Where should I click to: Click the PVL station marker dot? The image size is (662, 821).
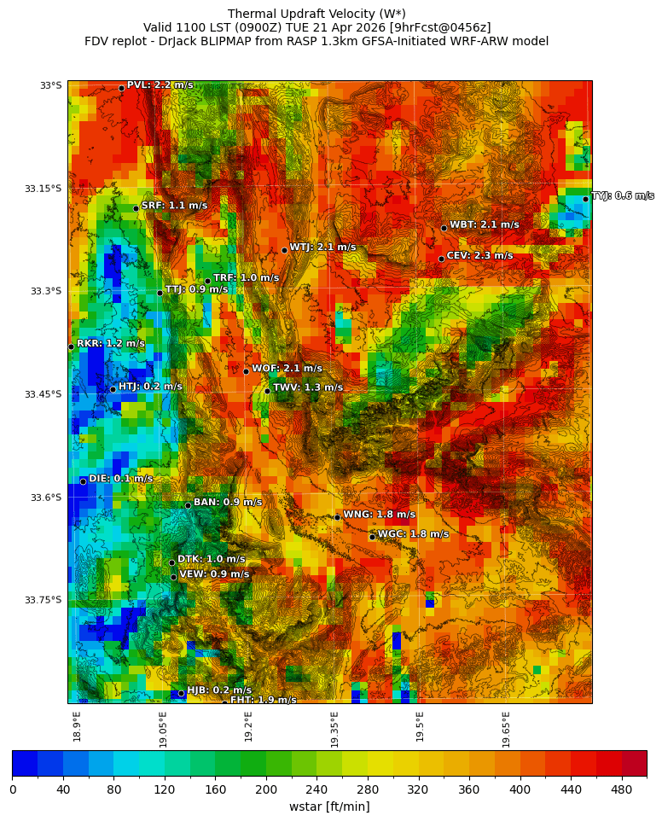121,88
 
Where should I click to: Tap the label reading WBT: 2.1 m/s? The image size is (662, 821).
484,225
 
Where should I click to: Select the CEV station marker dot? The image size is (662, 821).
441,259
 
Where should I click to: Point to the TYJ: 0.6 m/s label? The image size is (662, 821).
623,196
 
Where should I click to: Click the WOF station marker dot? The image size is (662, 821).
246,371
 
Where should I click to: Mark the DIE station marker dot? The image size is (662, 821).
83,481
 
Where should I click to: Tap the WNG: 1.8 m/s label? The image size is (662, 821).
379,515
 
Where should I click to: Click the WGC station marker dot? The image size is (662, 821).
372,537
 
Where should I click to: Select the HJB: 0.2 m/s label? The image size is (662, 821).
219,690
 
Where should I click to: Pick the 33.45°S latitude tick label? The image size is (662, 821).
43,394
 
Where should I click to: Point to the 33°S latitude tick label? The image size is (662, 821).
51,85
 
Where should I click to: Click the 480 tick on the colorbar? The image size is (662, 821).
621,789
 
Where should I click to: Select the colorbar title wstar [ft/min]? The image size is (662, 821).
329,806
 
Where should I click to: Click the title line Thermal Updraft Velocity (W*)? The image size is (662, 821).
316,14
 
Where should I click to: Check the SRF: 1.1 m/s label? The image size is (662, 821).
174,206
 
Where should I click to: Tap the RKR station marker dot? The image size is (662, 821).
71,346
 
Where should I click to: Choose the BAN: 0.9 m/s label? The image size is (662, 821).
228,503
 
